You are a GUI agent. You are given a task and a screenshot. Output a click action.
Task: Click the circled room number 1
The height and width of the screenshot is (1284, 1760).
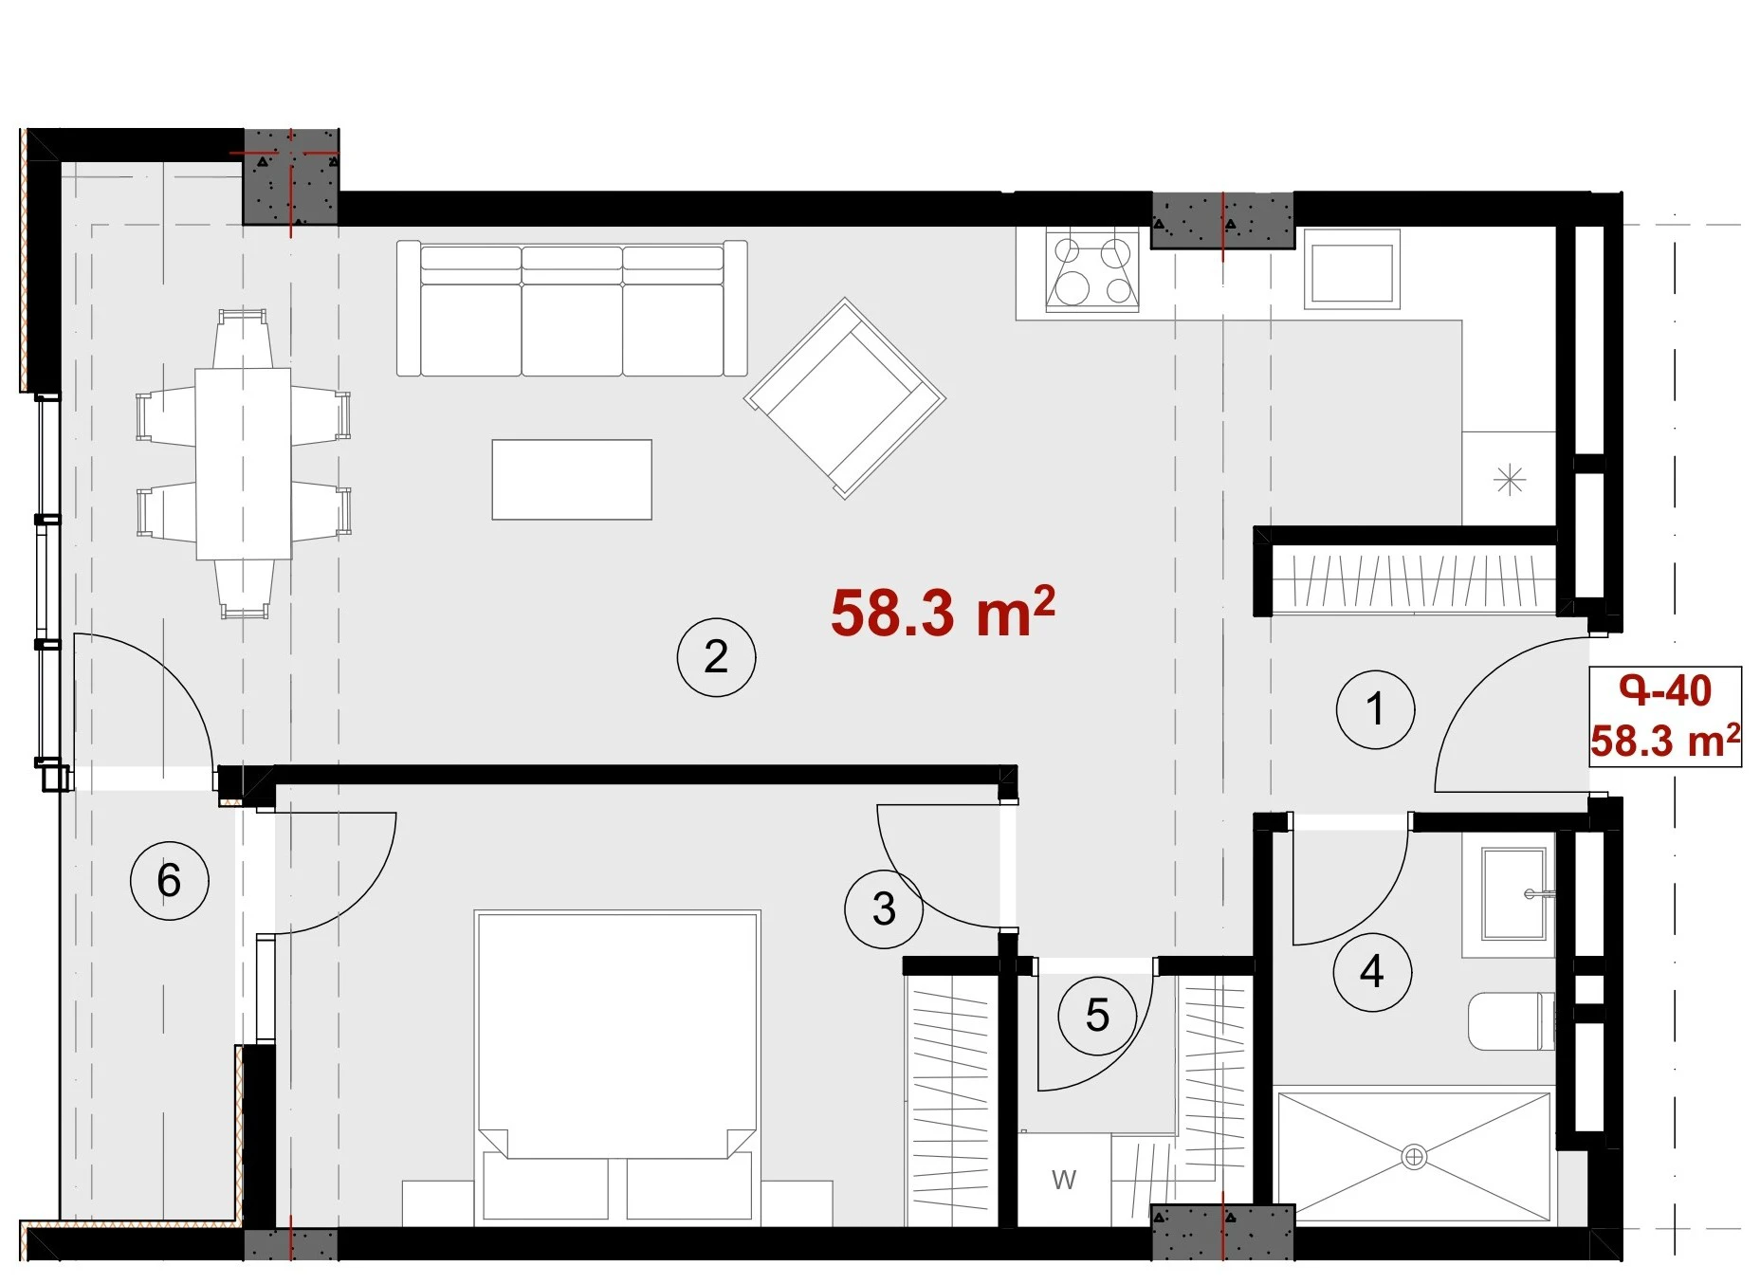click(1375, 709)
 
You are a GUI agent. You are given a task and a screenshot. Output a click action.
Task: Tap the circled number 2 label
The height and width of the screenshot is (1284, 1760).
click(716, 657)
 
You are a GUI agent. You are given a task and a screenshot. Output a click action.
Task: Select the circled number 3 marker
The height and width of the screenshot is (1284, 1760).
click(884, 908)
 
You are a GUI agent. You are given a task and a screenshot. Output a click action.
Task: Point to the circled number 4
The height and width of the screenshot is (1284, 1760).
click(1372, 971)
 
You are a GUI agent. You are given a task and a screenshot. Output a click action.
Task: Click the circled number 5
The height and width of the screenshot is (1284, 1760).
click(1097, 1016)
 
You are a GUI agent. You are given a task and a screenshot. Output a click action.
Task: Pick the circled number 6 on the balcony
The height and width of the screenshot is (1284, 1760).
click(169, 880)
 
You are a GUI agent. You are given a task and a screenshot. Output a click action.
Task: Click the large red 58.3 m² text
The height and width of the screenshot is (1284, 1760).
click(943, 612)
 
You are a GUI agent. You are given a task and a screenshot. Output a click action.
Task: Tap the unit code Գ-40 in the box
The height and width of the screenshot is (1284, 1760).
click(1665, 690)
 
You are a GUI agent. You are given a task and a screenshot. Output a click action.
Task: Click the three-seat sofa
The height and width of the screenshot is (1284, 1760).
click(572, 308)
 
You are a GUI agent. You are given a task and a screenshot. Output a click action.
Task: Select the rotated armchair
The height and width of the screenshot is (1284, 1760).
click(844, 398)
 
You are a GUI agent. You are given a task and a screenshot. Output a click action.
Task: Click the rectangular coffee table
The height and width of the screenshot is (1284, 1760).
click(572, 479)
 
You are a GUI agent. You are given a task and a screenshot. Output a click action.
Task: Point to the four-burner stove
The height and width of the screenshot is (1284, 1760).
click(1092, 270)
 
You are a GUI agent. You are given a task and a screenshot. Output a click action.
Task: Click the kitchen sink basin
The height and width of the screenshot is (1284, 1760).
click(1352, 269)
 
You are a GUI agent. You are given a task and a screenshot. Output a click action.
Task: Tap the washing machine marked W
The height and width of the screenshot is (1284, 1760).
click(1064, 1180)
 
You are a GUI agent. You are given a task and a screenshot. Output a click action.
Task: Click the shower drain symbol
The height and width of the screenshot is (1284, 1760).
click(1414, 1157)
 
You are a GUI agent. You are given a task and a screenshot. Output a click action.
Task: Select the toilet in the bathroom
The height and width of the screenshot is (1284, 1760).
click(1512, 1021)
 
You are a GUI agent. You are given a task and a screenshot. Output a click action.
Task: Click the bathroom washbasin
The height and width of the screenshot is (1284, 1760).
click(1513, 893)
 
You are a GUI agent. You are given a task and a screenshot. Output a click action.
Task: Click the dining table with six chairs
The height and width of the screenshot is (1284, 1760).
click(244, 464)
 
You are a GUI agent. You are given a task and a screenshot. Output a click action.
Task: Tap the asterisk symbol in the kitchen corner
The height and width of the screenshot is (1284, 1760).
click(1509, 480)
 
